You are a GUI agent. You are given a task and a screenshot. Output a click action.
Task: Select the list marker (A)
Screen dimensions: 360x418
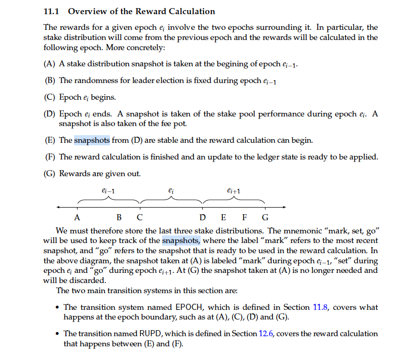click(x=50, y=64)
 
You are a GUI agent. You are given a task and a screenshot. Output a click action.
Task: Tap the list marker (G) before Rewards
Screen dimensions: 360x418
click(x=50, y=174)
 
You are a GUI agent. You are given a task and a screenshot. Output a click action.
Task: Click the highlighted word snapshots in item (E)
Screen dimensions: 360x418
click(x=92, y=140)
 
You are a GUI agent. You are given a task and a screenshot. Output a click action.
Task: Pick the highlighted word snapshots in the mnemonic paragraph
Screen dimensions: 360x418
click(x=181, y=241)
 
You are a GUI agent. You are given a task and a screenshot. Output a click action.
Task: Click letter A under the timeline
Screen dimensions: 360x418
click(x=77, y=218)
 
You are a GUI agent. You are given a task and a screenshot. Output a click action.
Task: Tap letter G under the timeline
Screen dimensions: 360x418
click(x=265, y=218)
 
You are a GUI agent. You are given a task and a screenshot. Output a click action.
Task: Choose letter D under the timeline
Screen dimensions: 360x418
click(x=203, y=218)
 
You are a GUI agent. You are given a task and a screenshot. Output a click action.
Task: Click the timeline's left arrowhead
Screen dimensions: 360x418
click(x=58, y=207)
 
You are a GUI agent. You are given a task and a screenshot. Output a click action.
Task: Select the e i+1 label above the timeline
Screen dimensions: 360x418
click(x=234, y=191)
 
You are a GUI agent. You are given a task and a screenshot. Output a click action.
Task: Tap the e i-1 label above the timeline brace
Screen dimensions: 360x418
click(x=108, y=191)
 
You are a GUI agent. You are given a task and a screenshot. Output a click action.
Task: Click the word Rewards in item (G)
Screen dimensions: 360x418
click(x=74, y=174)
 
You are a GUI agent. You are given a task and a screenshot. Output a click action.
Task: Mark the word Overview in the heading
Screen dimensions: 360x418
click(x=86, y=11)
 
